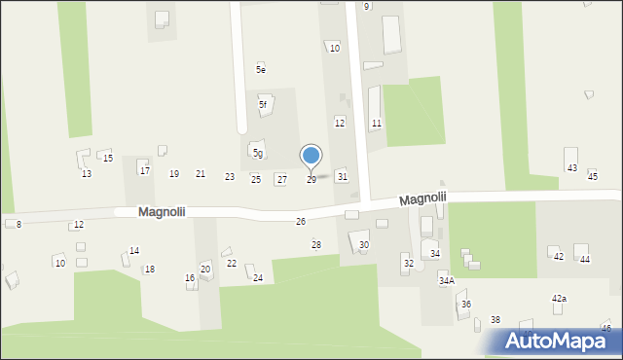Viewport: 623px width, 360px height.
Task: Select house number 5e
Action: (x=261, y=69)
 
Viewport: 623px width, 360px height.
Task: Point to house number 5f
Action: (x=263, y=104)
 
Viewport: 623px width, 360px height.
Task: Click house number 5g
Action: (x=258, y=153)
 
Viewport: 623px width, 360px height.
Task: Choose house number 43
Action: (x=572, y=168)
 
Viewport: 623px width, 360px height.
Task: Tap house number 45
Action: (x=593, y=175)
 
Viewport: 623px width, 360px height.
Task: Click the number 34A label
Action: (x=446, y=280)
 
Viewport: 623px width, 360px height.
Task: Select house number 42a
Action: (x=559, y=299)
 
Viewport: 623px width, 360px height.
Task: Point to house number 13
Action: (x=87, y=173)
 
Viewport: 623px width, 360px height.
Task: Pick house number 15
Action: (x=108, y=158)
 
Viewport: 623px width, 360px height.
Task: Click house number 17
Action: (x=145, y=170)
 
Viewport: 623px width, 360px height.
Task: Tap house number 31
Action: (x=342, y=176)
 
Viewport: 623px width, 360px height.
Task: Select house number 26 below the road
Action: (x=301, y=222)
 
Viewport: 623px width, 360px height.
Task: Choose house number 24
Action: (x=258, y=278)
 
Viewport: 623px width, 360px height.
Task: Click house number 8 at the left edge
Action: (x=18, y=224)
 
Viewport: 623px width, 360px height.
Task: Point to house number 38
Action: (x=495, y=320)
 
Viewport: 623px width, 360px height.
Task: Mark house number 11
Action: (x=376, y=123)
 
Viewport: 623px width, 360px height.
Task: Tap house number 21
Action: (x=201, y=174)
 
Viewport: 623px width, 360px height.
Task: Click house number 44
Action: (x=585, y=259)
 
